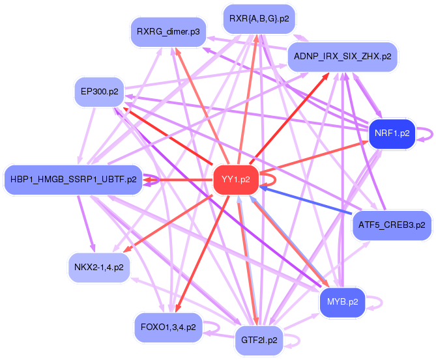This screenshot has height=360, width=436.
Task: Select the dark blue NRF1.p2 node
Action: click(392, 133)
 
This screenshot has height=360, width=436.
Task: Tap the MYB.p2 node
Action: click(342, 302)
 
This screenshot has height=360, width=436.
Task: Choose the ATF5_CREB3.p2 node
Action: click(392, 225)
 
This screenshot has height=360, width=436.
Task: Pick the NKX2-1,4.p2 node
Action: click(98, 268)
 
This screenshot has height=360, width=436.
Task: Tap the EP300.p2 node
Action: click(99, 92)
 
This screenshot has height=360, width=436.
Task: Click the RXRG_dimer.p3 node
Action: click(167, 31)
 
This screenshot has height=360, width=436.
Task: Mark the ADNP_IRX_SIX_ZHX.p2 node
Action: click(342, 57)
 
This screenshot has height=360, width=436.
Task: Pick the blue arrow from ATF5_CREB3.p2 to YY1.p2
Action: click(306, 201)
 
